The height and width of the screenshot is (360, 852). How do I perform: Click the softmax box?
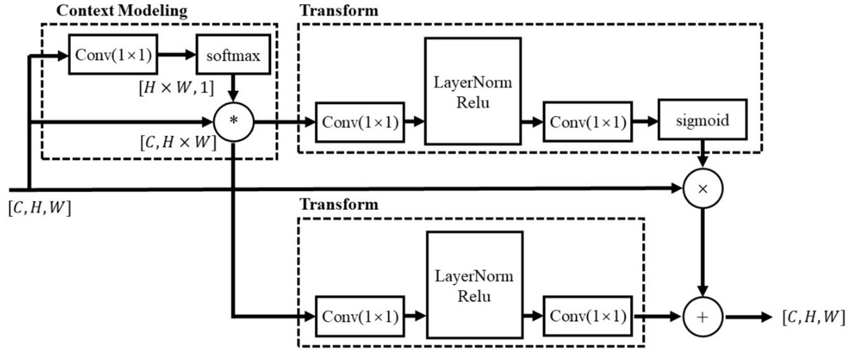tap(233, 55)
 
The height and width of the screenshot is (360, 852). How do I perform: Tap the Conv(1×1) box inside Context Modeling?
tap(113, 55)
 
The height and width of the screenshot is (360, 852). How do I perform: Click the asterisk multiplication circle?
tap(234, 122)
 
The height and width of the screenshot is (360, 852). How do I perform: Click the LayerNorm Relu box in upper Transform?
tap(473, 91)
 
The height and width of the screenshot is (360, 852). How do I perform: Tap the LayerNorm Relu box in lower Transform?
tap(474, 285)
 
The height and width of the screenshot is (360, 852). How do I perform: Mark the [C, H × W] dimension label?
tap(178, 142)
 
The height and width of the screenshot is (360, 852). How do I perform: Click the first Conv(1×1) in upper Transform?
tap(360, 122)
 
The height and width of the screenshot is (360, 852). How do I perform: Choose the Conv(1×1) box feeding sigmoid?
tap(587, 122)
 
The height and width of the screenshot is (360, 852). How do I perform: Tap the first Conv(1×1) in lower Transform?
tap(360, 316)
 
